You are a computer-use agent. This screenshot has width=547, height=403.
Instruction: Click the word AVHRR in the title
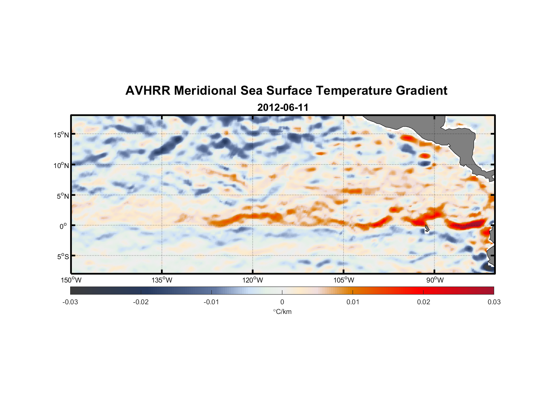point(148,91)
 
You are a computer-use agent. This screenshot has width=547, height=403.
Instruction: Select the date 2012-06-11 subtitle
point(283,108)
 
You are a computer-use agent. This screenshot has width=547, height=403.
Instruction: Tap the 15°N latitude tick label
point(61,135)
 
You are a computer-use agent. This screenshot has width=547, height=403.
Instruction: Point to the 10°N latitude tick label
point(61,165)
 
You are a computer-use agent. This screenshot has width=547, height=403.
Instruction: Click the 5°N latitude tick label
point(63,196)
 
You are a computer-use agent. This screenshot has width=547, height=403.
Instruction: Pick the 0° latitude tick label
point(63,226)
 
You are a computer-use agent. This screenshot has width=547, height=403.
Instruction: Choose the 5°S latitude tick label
point(63,257)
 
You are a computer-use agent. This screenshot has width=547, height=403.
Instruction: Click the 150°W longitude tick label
point(71,280)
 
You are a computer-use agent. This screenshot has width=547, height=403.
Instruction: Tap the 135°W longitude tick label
point(162,280)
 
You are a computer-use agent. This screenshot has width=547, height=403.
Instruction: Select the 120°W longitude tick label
point(253,280)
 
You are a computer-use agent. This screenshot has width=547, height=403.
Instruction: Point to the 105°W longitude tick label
point(344,280)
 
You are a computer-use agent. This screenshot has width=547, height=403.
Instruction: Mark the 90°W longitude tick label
point(435,280)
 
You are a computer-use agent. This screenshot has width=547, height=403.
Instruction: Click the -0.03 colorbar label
point(70,302)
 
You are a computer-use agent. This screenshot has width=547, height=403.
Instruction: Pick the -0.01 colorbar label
point(211,302)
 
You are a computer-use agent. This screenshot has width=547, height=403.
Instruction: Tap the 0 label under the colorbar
point(282,302)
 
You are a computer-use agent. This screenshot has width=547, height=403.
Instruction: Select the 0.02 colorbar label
point(424,302)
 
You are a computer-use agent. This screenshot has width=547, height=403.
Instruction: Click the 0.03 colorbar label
point(494,302)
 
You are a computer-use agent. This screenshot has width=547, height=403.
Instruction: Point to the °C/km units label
point(282,312)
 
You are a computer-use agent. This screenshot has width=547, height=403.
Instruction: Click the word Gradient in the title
point(422,91)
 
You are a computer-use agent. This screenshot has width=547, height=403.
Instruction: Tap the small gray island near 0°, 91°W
point(427,229)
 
